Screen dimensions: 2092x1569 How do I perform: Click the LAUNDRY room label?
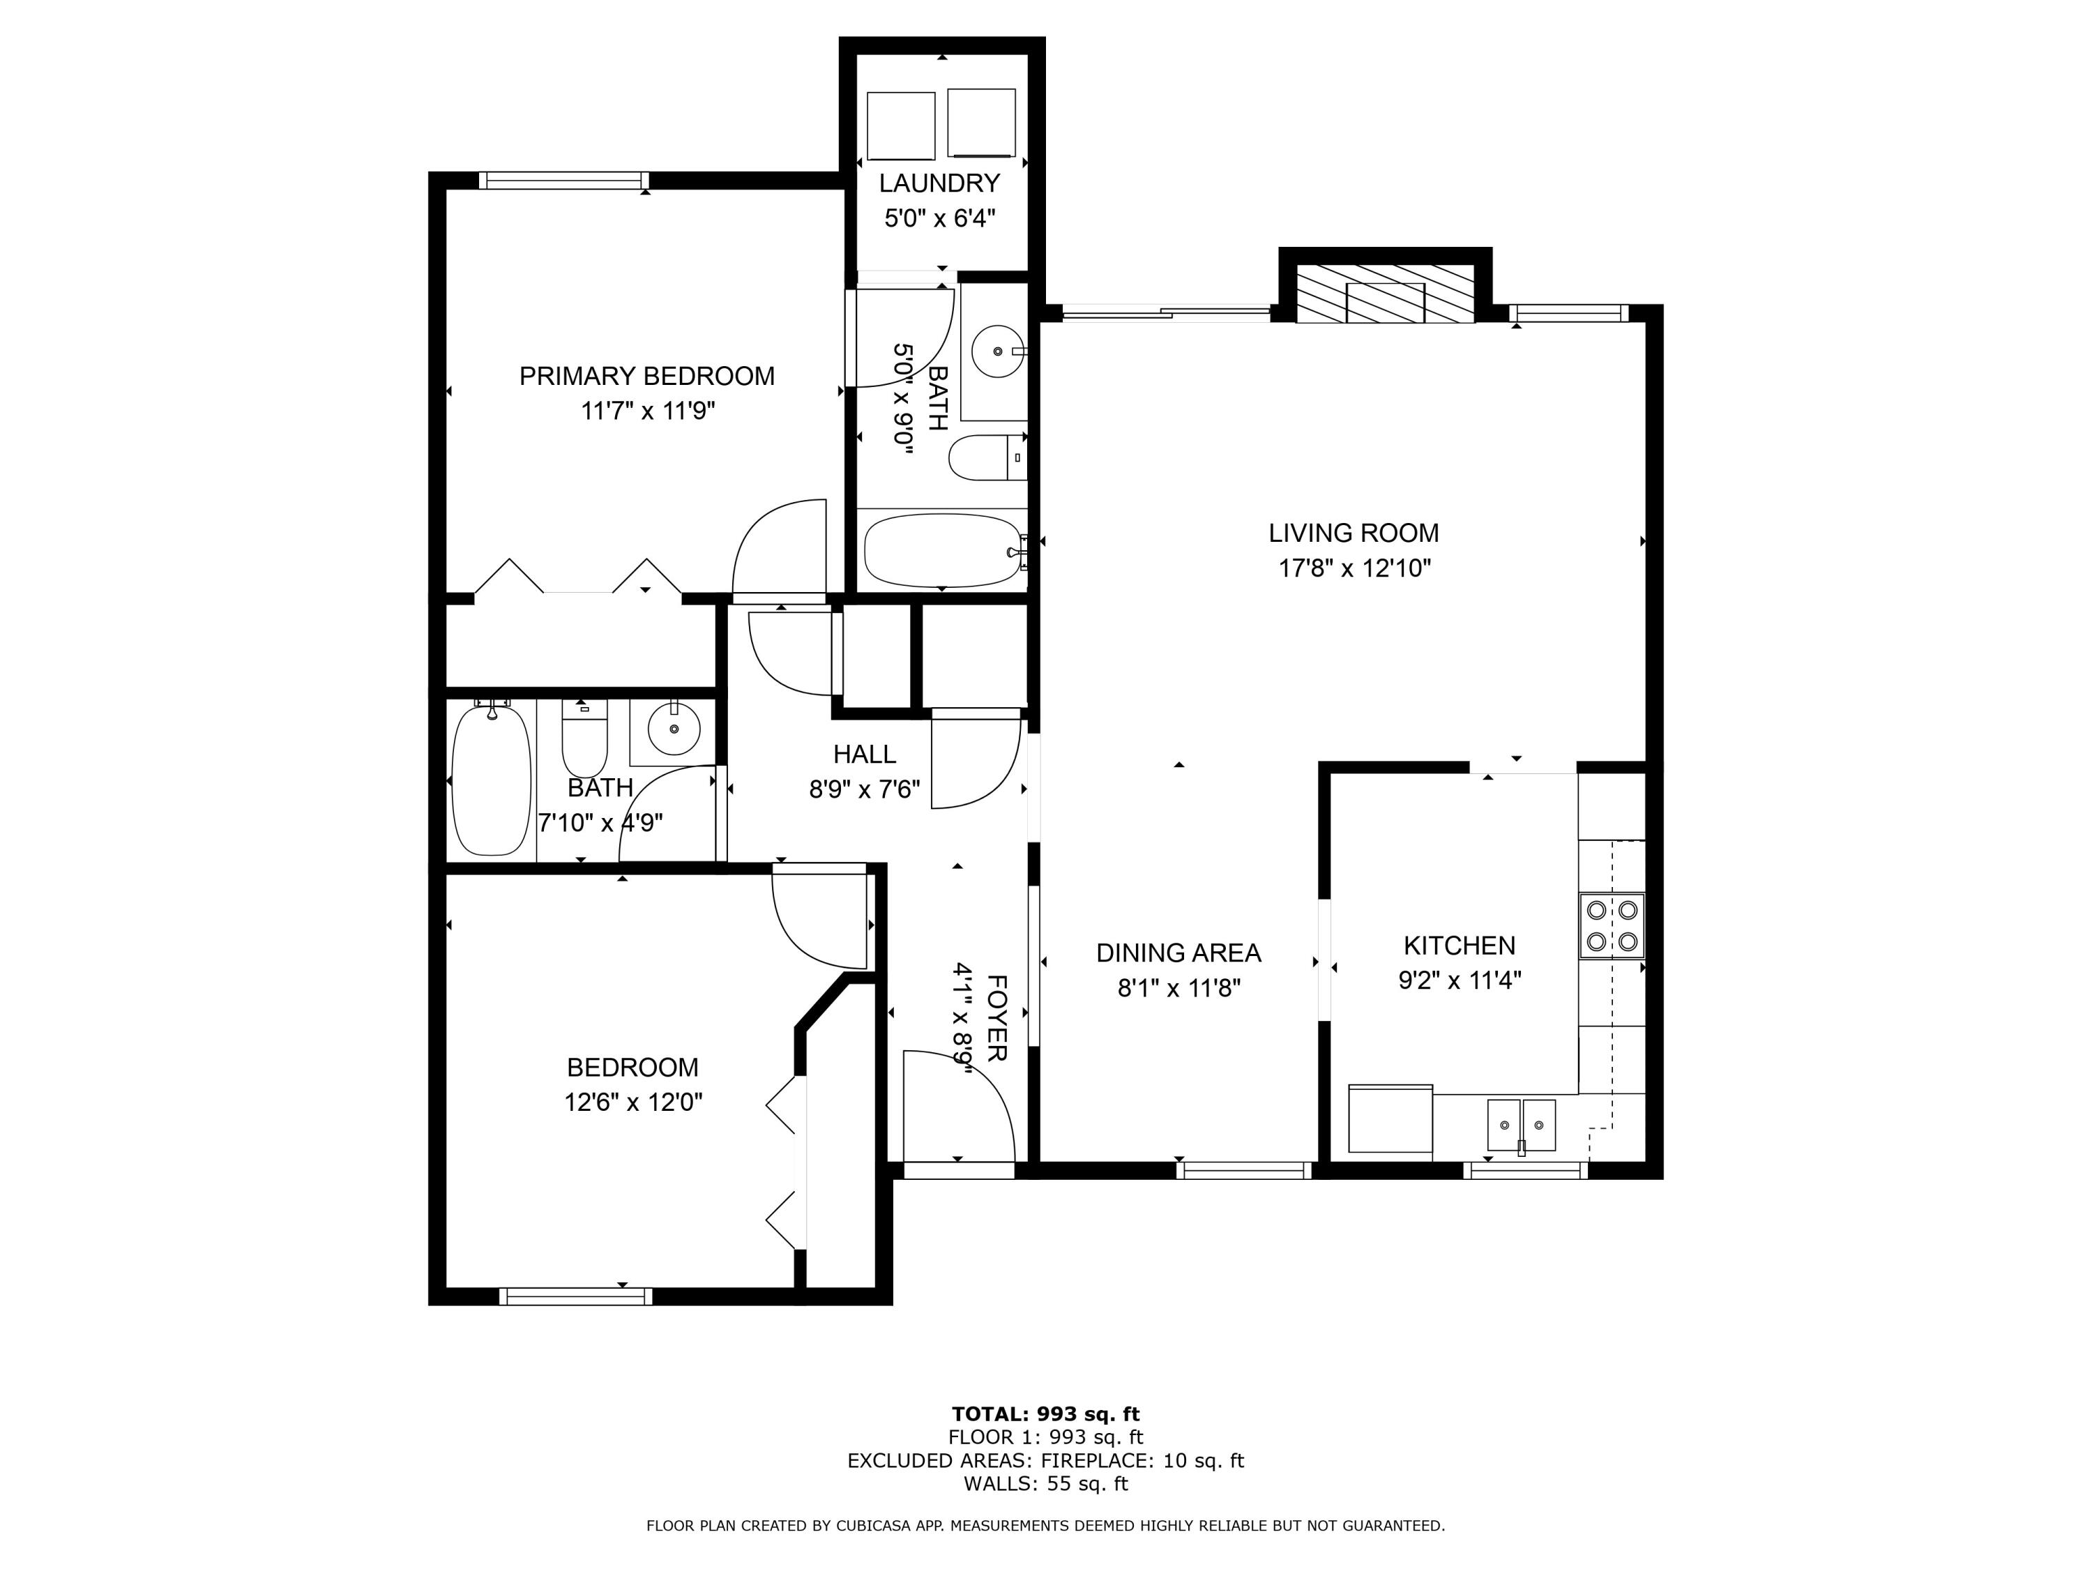coord(939,183)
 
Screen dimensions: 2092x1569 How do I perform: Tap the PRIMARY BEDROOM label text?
coord(647,377)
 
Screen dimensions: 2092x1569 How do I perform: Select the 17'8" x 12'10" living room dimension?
coord(1354,568)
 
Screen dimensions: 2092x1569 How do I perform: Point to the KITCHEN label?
coord(1460,945)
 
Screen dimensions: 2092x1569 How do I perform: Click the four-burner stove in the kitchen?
coord(1612,926)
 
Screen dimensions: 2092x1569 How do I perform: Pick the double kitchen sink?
coord(1521,1125)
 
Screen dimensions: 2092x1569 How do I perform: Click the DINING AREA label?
coord(1178,953)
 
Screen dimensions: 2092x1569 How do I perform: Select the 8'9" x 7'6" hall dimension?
coord(865,789)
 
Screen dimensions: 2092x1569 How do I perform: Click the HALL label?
coord(865,754)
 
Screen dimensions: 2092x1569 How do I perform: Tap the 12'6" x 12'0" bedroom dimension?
coord(634,1102)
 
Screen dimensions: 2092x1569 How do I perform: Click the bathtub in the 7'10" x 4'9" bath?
coord(491,780)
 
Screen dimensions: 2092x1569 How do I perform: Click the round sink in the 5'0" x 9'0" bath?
coord(998,351)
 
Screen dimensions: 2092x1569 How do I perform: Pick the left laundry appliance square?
coord(900,126)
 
